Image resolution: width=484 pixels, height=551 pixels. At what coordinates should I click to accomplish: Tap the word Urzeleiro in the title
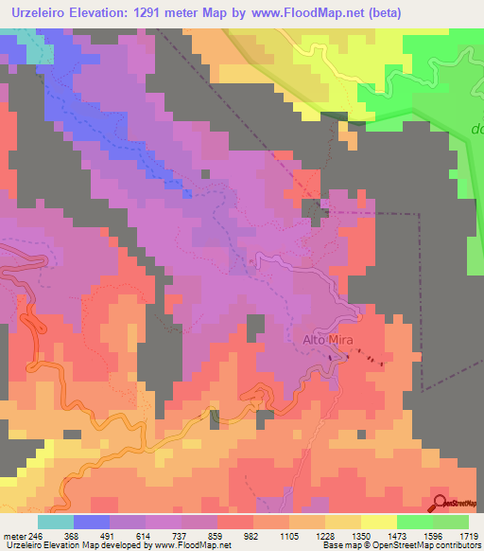point(43,13)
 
